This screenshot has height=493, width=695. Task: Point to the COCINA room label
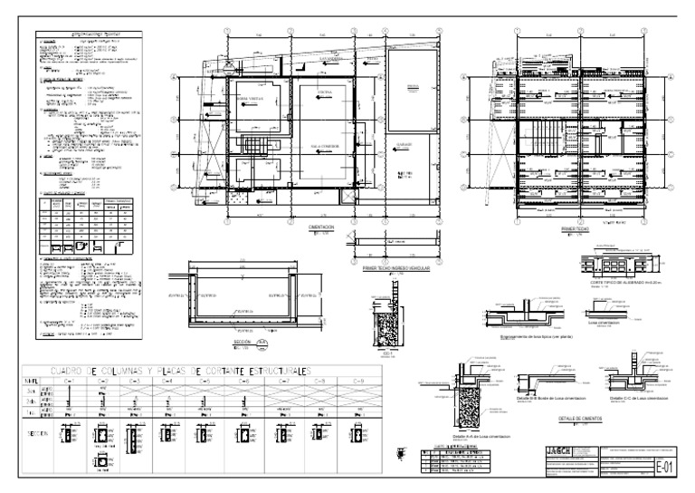click(x=327, y=92)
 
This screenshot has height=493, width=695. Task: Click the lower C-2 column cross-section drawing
click(x=105, y=462)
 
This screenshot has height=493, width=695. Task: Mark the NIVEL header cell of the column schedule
click(x=33, y=382)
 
